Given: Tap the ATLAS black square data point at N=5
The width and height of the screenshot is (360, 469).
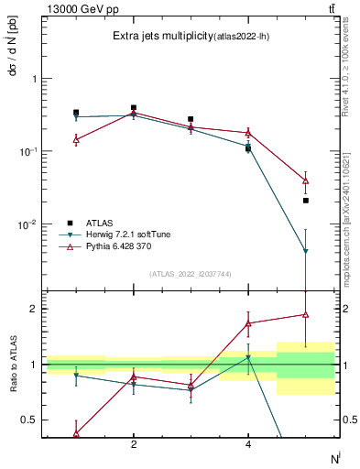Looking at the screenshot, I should coord(305,200).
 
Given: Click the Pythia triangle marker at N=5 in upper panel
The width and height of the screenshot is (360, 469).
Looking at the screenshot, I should coord(305,180).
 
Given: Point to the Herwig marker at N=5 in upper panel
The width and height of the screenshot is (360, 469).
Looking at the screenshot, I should coord(305,251).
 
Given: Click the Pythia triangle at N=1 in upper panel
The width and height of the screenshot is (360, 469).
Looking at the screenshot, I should coord(76,139).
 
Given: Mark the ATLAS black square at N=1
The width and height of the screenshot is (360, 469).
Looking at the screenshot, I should coord(76,113).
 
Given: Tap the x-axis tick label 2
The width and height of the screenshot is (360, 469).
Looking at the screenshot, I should coord(134,444).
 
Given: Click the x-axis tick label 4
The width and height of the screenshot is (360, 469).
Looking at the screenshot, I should coord(248,444).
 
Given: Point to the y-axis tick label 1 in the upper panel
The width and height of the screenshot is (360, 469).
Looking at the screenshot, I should coord(35,79).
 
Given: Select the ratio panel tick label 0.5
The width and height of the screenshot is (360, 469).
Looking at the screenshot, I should coord(30,420).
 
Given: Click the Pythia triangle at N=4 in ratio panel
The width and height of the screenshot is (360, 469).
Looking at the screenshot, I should coord(248,323).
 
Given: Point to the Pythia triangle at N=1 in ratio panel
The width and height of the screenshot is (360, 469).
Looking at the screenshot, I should coord(76,433).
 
